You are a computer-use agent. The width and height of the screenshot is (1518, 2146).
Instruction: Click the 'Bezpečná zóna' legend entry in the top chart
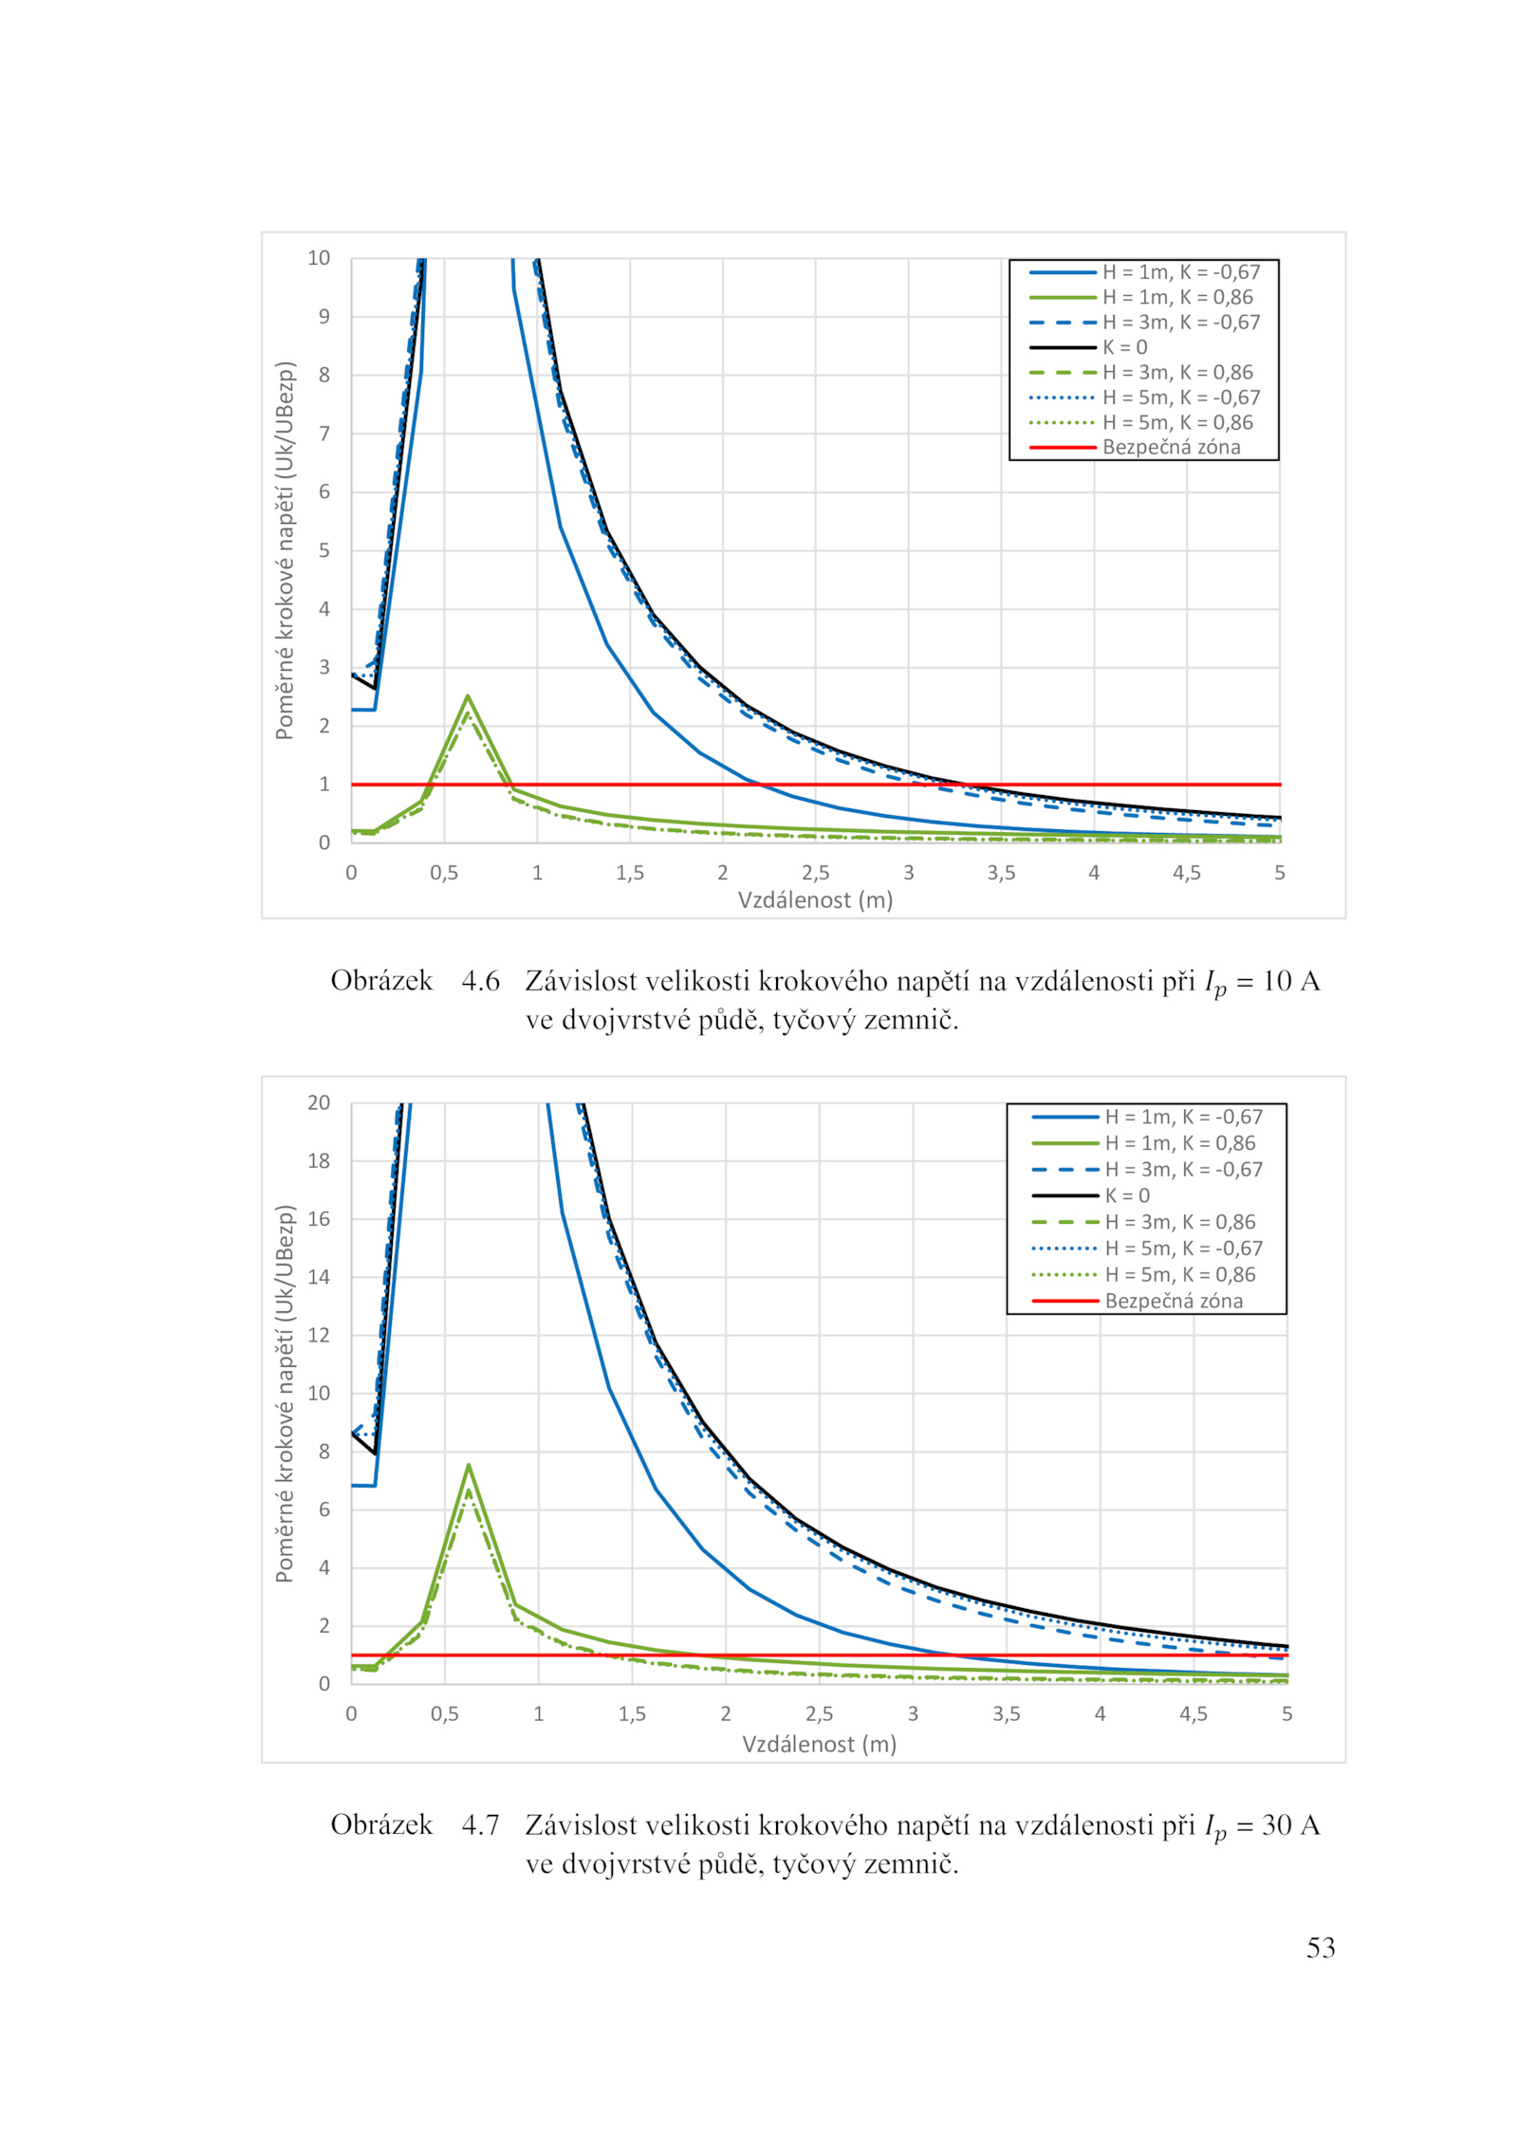[x=1171, y=448]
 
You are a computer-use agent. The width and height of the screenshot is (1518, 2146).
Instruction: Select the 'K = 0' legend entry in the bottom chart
[x=1127, y=1196]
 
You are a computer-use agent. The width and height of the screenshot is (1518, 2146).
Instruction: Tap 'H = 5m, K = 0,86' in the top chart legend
[x=1177, y=423]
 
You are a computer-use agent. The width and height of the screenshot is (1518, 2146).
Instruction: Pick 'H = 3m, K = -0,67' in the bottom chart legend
[x=1183, y=1170]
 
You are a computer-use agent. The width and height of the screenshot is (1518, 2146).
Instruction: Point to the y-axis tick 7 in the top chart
[x=324, y=434]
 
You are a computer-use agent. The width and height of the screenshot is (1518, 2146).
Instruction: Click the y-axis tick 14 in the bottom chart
[x=319, y=1277]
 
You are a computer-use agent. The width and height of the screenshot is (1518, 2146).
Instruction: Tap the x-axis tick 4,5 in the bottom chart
[x=1193, y=1713]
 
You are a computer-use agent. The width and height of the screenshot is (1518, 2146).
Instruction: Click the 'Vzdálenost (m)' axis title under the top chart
[x=815, y=900]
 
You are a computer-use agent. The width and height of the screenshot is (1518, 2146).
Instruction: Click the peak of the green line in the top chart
[x=468, y=696]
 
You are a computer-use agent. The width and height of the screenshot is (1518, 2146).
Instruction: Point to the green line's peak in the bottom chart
[x=469, y=1465]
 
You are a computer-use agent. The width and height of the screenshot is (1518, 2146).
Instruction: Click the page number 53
[x=1321, y=1947]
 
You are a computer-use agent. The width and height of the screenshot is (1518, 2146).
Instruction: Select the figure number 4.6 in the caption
[x=480, y=981]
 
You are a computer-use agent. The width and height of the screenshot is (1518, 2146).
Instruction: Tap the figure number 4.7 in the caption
[x=480, y=1824]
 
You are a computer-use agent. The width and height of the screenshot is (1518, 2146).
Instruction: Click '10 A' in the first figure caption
[x=1291, y=981]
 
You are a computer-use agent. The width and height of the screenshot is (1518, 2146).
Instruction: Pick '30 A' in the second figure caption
[x=1291, y=1824]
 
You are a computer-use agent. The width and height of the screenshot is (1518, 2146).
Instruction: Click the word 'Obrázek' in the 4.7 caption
[x=381, y=1824]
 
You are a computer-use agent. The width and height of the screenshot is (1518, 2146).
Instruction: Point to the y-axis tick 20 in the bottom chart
[x=319, y=1102]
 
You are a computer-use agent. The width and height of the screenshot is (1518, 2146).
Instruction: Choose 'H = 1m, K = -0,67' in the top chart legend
[x=1181, y=272]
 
